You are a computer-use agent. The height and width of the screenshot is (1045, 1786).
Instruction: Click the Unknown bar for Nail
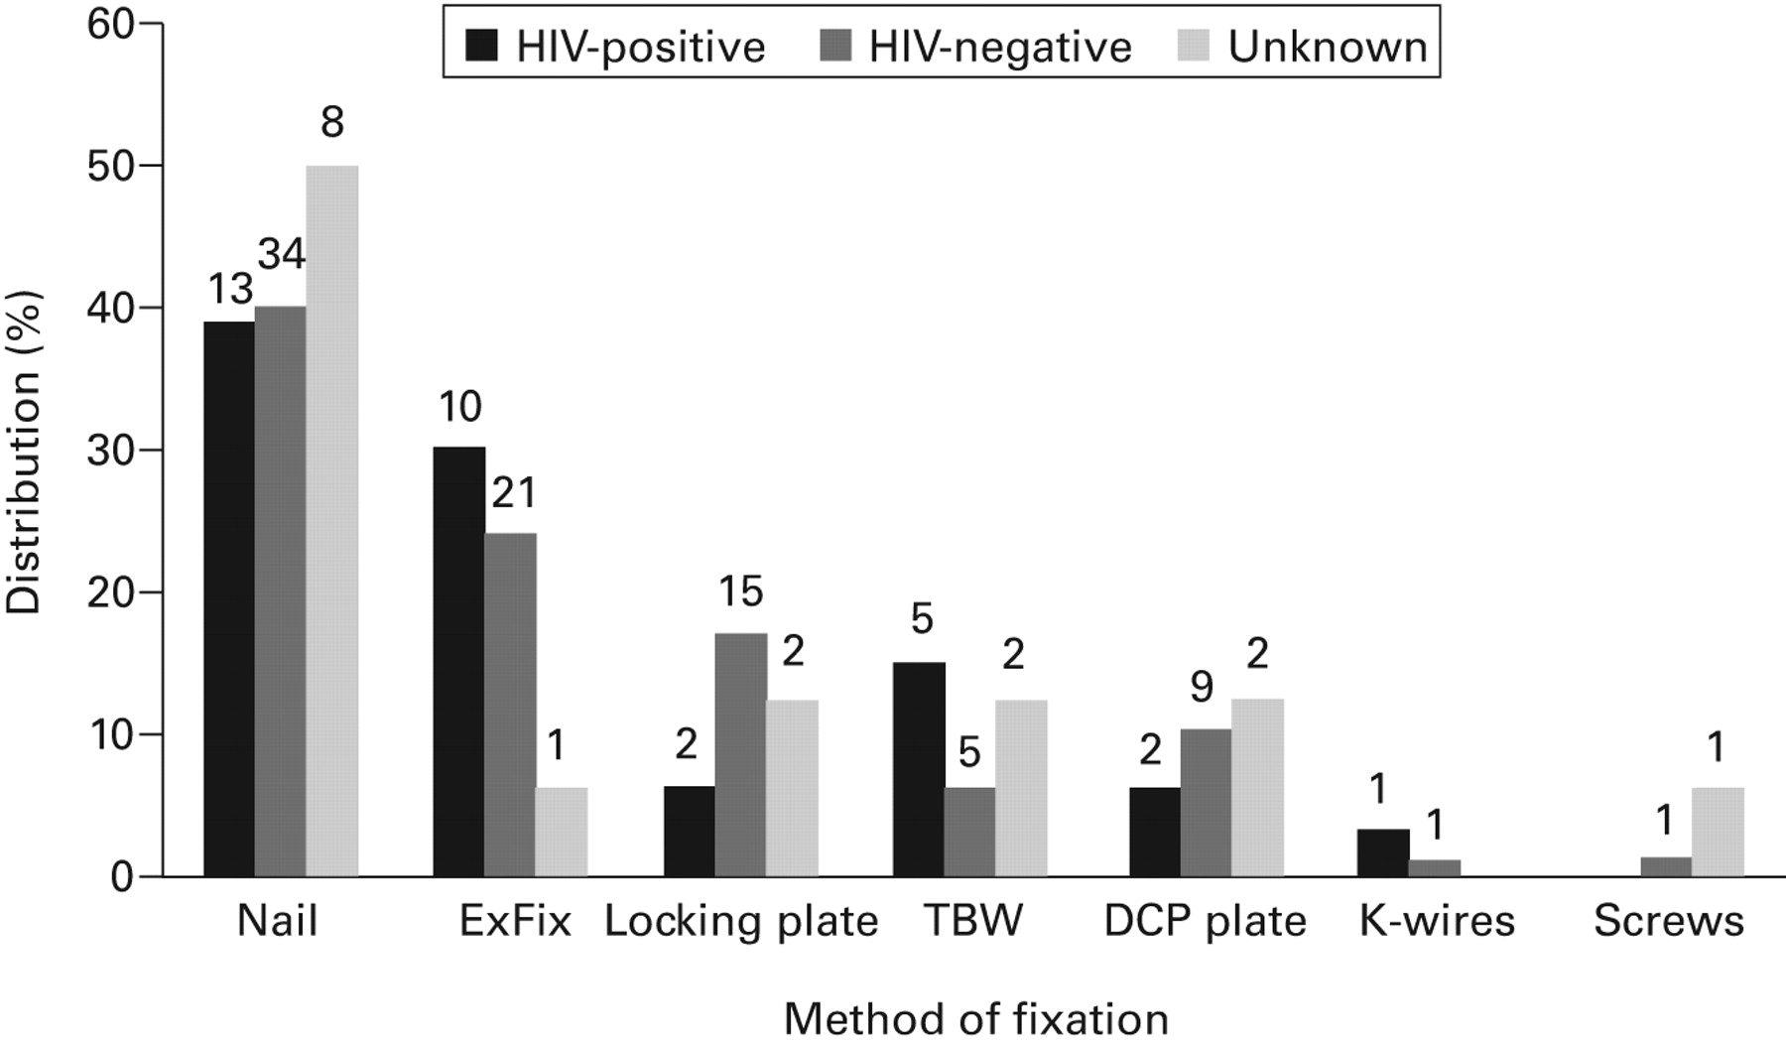click(x=331, y=521)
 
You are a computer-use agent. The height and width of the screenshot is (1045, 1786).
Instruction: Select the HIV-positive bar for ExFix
click(x=459, y=662)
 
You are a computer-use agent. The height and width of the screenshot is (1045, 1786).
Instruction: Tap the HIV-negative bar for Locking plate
click(x=741, y=754)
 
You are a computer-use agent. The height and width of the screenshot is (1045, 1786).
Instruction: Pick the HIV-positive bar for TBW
click(x=919, y=769)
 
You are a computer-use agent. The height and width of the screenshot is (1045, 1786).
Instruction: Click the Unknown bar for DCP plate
click(x=1257, y=788)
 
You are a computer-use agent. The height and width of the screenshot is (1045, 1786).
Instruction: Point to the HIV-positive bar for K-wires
click(x=1383, y=853)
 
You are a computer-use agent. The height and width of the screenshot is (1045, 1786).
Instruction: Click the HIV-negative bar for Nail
click(x=280, y=591)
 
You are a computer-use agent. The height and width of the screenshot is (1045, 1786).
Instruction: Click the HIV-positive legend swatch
click(x=482, y=46)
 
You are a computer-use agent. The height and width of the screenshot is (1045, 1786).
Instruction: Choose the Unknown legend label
click(x=1328, y=47)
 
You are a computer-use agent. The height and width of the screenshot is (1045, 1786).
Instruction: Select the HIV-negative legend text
click(x=1000, y=47)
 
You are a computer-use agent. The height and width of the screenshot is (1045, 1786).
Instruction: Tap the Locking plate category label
click(x=741, y=922)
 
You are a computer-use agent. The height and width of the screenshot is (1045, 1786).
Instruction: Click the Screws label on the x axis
click(x=1669, y=922)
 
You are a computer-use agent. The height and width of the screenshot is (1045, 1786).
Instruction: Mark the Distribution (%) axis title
click(x=24, y=452)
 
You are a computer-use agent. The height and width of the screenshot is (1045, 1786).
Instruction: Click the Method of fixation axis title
click(x=976, y=1019)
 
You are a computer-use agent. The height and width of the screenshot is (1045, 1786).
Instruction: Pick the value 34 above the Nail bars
click(x=282, y=255)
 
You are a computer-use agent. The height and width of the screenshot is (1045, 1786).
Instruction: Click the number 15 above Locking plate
click(x=740, y=591)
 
